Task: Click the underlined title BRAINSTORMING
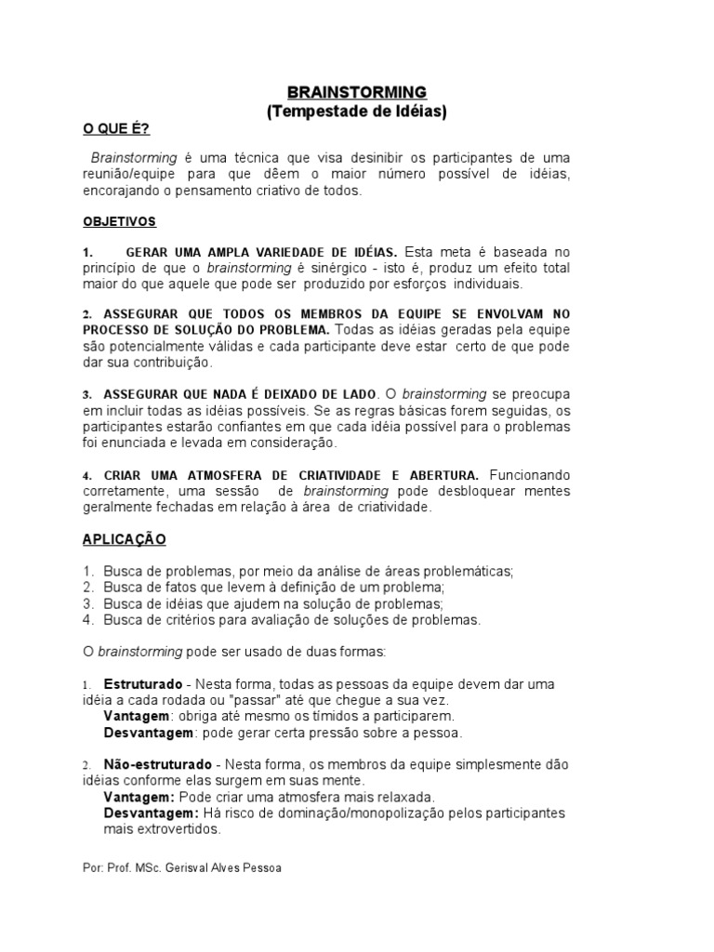pos(357,92)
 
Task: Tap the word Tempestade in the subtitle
pos(312,112)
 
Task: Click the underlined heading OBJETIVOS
pos(120,222)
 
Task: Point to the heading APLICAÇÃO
pos(125,539)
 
